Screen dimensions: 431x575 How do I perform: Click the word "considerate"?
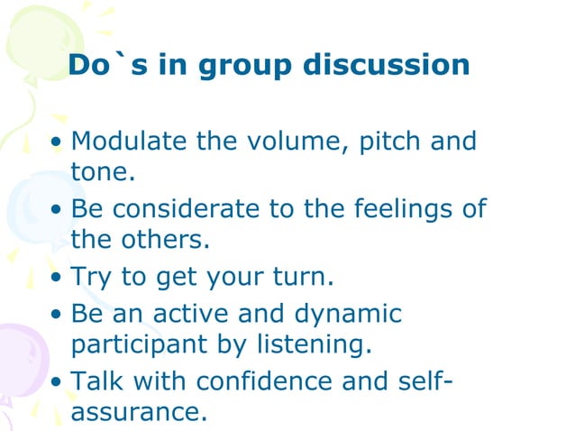[190, 209]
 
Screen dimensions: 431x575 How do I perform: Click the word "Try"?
[92, 278]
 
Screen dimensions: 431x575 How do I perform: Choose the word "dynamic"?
[348, 315]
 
